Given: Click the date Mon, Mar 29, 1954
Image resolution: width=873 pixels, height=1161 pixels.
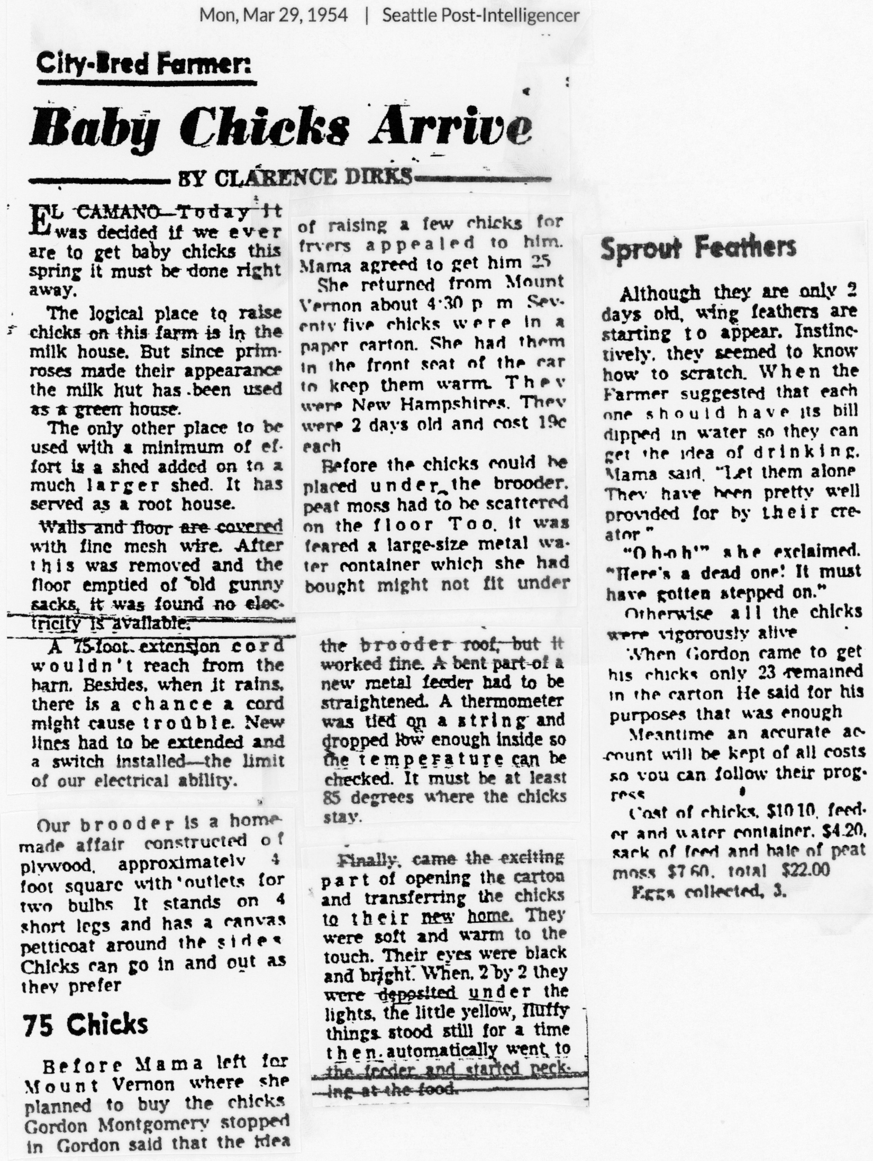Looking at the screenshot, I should pyautogui.click(x=273, y=16).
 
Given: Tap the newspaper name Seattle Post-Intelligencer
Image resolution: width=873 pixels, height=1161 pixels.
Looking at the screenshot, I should pyautogui.click(x=480, y=16).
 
